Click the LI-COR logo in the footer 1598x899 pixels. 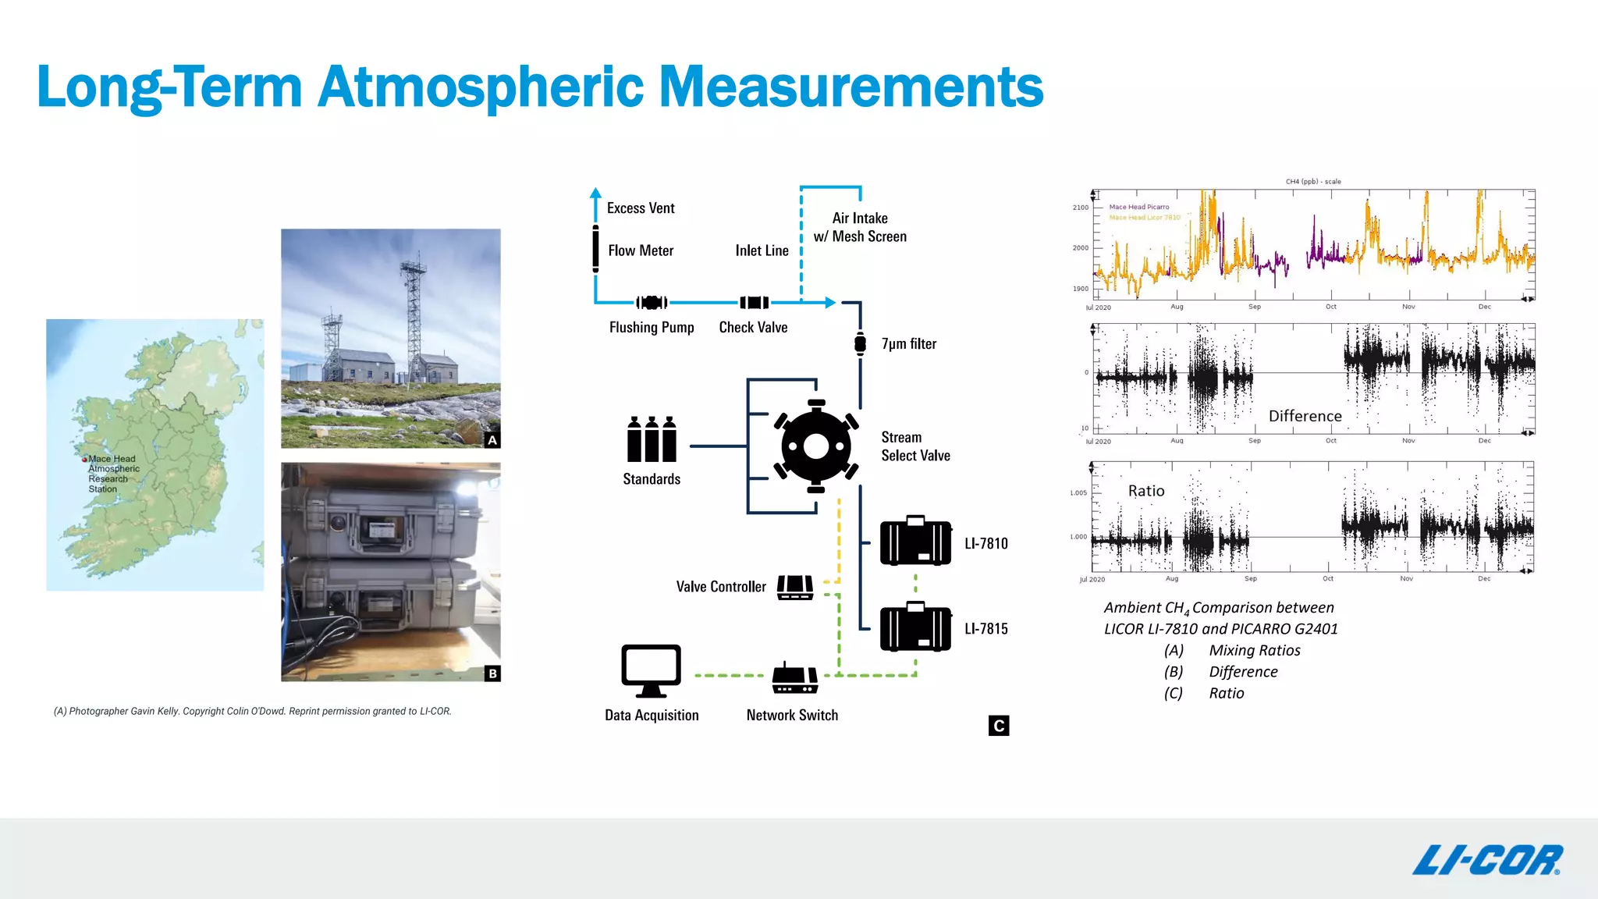(1486, 860)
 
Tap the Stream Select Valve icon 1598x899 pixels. (816, 446)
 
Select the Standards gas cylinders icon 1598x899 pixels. (652, 439)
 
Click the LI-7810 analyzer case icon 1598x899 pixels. (915, 541)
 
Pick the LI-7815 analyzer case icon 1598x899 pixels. (915, 627)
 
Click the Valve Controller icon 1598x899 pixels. (795, 587)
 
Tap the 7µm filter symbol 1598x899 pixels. (860, 343)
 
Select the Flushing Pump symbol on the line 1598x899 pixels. (652, 303)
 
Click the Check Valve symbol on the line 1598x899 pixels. (754, 303)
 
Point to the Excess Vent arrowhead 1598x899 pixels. (595, 192)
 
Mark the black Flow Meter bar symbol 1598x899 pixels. (595, 249)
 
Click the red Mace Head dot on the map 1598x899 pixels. (84, 460)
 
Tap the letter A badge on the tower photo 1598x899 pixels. (492, 440)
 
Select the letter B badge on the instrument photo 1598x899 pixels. (492, 673)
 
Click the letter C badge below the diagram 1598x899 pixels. (998, 726)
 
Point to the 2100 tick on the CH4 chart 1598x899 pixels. (1080, 208)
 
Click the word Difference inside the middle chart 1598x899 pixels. (1305, 416)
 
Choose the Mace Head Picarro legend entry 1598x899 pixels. (1139, 207)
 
